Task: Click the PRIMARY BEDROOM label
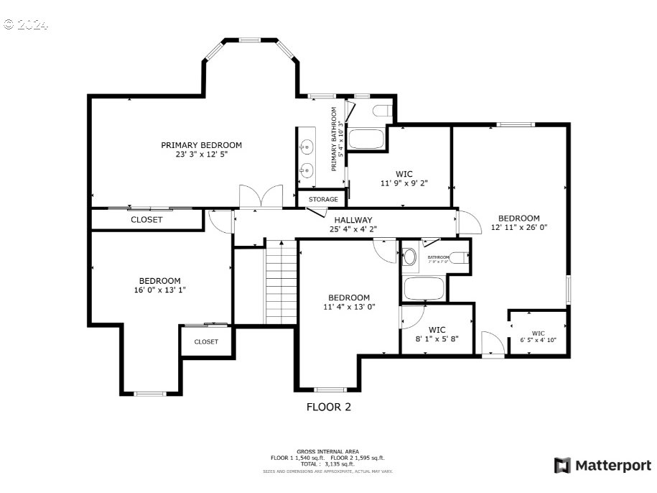tap(201, 144)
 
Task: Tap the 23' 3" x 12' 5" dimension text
tap(201, 155)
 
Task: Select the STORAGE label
tap(323, 199)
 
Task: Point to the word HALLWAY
tap(353, 220)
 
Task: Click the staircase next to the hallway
tap(281, 282)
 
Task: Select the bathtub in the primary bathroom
tap(366, 139)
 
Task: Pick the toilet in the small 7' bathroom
tap(410, 257)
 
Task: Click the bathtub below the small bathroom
tap(424, 289)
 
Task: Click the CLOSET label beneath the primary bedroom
tap(146, 220)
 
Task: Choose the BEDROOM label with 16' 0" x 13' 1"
tap(159, 281)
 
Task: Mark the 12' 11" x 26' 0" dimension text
tap(519, 228)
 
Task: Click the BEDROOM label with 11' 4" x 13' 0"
tap(349, 298)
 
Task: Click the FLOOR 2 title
tap(329, 407)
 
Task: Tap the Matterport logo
tap(602, 466)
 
